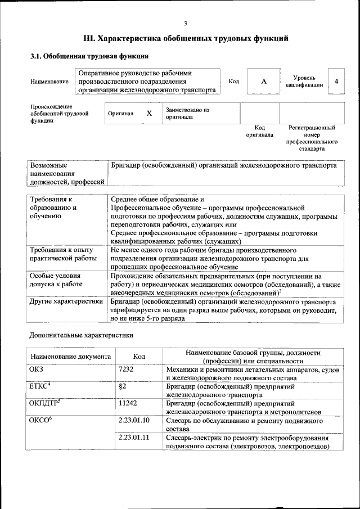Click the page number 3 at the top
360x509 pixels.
click(x=185, y=23)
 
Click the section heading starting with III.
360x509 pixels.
click(x=186, y=39)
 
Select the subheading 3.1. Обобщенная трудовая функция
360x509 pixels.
click(x=89, y=56)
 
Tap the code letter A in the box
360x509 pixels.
click(x=263, y=82)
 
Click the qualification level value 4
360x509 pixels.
click(x=336, y=82)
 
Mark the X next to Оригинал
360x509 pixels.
click(x=149, y=114)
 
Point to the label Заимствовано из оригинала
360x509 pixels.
click(x=187, y=114)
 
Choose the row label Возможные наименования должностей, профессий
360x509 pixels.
click(x=67, y=174)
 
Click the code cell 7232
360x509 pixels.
click(x=128, y=369)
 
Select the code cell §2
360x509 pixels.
click(x=122, y=386)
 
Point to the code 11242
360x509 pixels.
click(x=129, y=403)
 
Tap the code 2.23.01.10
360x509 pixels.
click(x=134, y=421)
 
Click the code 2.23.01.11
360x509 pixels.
click(x=134, y=438)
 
